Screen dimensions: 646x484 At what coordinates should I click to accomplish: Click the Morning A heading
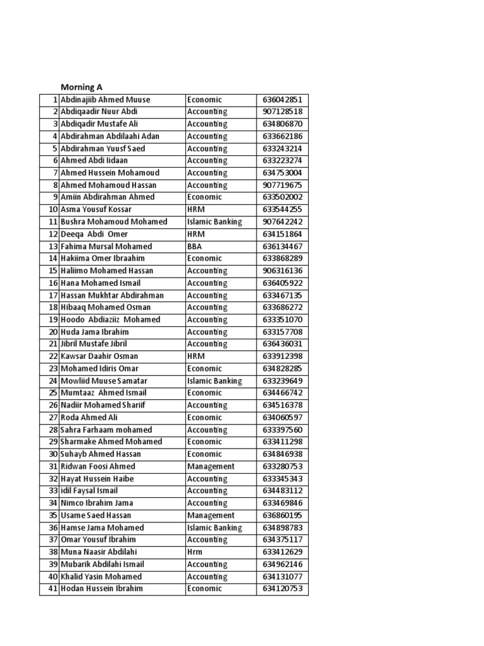pyautogui.click(x=81, y=87)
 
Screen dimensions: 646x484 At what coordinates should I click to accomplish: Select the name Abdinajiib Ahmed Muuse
pyautogui.click(x=105, y=100)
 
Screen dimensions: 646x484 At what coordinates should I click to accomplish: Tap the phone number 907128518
pyautogui.click(x=282, y=112)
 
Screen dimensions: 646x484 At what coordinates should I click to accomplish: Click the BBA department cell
pyautogui.click(x=195, y=246)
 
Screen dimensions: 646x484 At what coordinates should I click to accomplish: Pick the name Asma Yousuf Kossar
pyautogui.click(x=97, y=209)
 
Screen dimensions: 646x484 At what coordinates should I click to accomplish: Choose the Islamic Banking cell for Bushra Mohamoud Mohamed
pyautogui.click(x=214, y=222)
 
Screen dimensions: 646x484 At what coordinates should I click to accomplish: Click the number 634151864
pyautogui.click(x=282, y=234)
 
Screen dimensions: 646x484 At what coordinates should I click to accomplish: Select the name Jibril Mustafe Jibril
pyautogui.click(x=94, y=344)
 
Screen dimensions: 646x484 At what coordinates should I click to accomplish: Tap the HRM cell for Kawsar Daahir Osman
pyautogui.click(x=196, y=356)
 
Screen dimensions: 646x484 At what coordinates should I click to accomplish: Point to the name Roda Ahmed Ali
pyautogui.click(x=89, y=418)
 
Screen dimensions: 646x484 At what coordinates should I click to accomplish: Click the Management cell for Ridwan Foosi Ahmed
pyautogui.click(x=210, y=467)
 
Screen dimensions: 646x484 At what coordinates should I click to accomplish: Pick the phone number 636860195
pyautogui.click(x=282, y=515)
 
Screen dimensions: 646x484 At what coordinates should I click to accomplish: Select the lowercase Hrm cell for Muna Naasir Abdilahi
pyautogui.click(x=195, y=552)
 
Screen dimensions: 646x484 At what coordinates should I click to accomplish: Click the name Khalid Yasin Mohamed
pyautogui.click(x=101, y=577)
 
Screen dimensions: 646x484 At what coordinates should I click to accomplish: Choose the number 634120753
pyautogui.click(x=282, y=589)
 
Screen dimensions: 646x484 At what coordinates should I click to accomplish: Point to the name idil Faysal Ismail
pyautogui.click(x=89, y=491)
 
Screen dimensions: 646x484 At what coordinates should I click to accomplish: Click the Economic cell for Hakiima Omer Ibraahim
pyautogui.click(x=204, y=259)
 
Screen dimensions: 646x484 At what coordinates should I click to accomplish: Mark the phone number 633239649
pyautogui.click(x=282, y=381)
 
